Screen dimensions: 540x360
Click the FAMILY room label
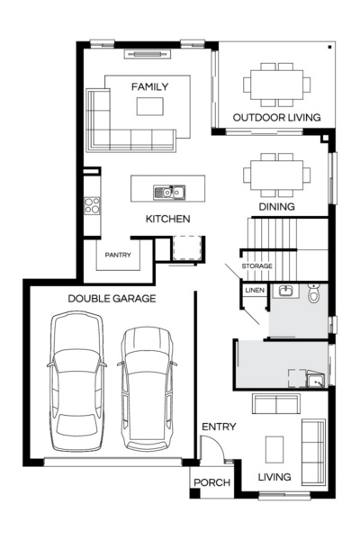click(x=149, y=86)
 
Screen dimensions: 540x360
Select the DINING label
click(x=277, y=206)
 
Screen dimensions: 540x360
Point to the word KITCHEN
click(x=167, y=219)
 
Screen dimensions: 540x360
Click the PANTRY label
click(x=118, y=255)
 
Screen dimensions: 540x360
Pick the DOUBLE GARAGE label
click(x=112, y=298)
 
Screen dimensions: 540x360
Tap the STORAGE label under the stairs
click(x=256, y=266)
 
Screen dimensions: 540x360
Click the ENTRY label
click(x=219, y=426)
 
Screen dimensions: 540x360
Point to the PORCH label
click(x=211, y=483)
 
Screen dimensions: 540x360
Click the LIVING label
click(x=274, y=477)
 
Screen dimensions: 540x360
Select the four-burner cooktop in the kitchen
click(x=91, y=205)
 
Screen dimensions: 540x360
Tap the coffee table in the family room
click(x=149, y=107)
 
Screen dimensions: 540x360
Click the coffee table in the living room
click(x=274, y=447)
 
